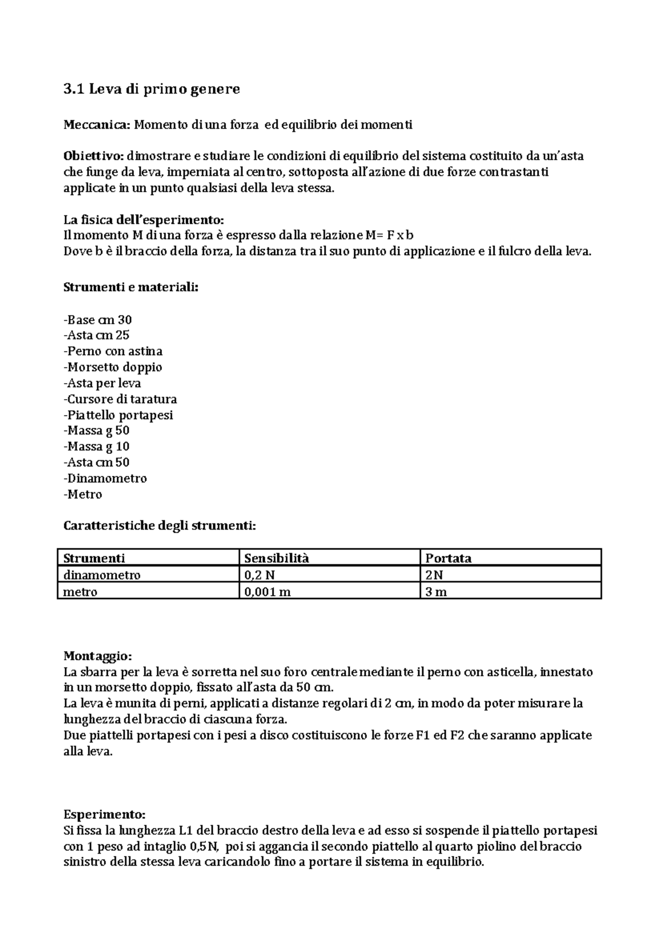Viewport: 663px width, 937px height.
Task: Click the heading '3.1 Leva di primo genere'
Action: pyautogui.click(x=152, y=89)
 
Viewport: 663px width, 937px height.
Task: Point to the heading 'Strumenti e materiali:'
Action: pyautogui.click(x=130, y=288)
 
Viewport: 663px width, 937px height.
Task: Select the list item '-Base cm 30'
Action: pyautogui.click(x=98, y=320)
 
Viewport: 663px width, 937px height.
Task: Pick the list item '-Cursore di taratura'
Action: pyautogui.click(x=120, y=399)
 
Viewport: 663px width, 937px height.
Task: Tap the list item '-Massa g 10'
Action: pyautogui.click(x=97, y=447)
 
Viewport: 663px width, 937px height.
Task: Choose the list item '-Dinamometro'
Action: pyautogui.click(x=105, y=479)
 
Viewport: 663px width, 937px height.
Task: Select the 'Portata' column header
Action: pyautogui.click(x=448, y=558)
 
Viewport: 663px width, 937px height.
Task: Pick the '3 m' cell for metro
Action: pyautogui.click(x=436, y=592)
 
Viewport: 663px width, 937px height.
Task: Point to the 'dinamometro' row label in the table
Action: pyautogui.click(x=102, y=575)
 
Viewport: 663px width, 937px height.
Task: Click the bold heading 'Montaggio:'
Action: pyautogui.click(x=98, y=657)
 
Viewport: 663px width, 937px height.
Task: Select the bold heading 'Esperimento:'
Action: pyautogui.click(x=104, y=815)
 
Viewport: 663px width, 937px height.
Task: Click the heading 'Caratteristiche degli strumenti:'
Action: pyautogui.click(x=160, y=526)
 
